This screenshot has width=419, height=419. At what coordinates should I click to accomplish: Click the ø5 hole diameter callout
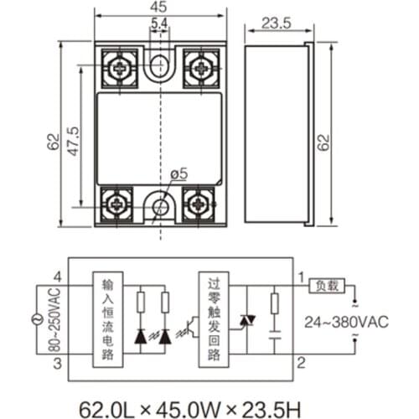[x=178, y=173]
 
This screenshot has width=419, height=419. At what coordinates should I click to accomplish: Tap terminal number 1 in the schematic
[x=300, y=275]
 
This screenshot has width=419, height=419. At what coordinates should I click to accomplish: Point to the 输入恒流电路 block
[x=106, y=319]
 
